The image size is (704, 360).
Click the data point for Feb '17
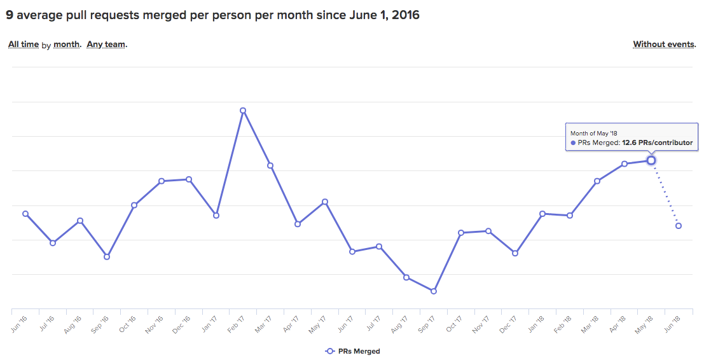(x=243, y=111)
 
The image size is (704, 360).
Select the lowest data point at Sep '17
(x=434, y=291)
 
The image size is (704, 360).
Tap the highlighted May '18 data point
(x=651, y=160)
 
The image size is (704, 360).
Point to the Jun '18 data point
(x=679, y=226)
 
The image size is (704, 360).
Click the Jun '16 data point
(x=25, y=214)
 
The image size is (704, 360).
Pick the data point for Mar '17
(x=270, y=165)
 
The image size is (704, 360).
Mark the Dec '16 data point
(x=189, y=179)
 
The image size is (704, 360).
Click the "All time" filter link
(x=24, y=45)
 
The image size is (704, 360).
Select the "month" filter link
(x=67, y=45)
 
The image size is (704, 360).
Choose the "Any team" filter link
(x=106, y=45)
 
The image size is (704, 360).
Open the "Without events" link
(x=664, y=45)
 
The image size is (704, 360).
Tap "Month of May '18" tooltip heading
(x=594, y=134)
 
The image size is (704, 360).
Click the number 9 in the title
(x=10, y=15)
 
